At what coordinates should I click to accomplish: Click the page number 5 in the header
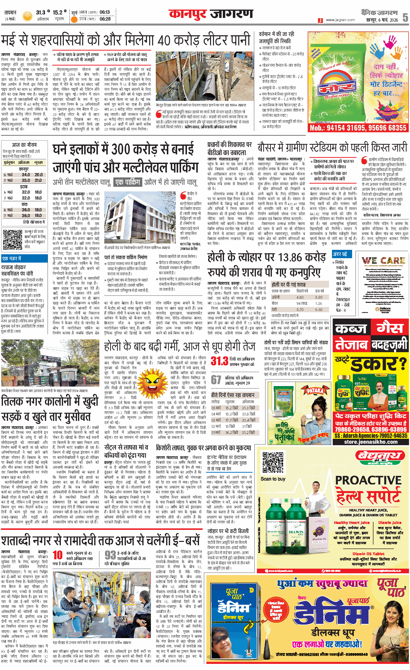click(x=405, y=17)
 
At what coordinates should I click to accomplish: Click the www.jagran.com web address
click(x=340, y=20)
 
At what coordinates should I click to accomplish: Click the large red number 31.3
click(x=219, y=361)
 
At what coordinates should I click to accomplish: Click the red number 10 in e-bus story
click(x=58, y=555)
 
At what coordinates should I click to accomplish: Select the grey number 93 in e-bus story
click(x=110, y=555)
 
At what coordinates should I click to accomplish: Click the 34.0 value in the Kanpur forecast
click(x=26, y=174)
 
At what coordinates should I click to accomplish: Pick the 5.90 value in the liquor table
click(x=319, y=297)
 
